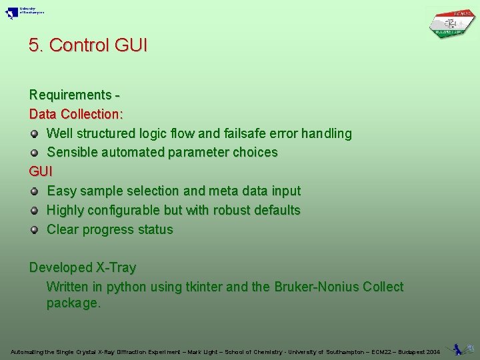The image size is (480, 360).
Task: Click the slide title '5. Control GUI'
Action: pos(88,45)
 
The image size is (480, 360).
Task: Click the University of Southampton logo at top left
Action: pos(24,13)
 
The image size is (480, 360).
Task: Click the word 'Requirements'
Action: pos(70,95)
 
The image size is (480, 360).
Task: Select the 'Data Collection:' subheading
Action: pos(76,114)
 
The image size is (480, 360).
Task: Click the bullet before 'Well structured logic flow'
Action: pos(34,133)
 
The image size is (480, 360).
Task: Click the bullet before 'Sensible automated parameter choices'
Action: pos(34,153)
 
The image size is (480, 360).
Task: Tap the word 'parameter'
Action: pos(198,153)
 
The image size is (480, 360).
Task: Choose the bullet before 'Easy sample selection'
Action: pos(34,191)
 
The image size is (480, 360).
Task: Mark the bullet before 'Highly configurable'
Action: pos(34,211)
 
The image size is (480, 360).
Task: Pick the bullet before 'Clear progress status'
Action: pos(34,230)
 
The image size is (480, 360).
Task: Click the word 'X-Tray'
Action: pos(116,268)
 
